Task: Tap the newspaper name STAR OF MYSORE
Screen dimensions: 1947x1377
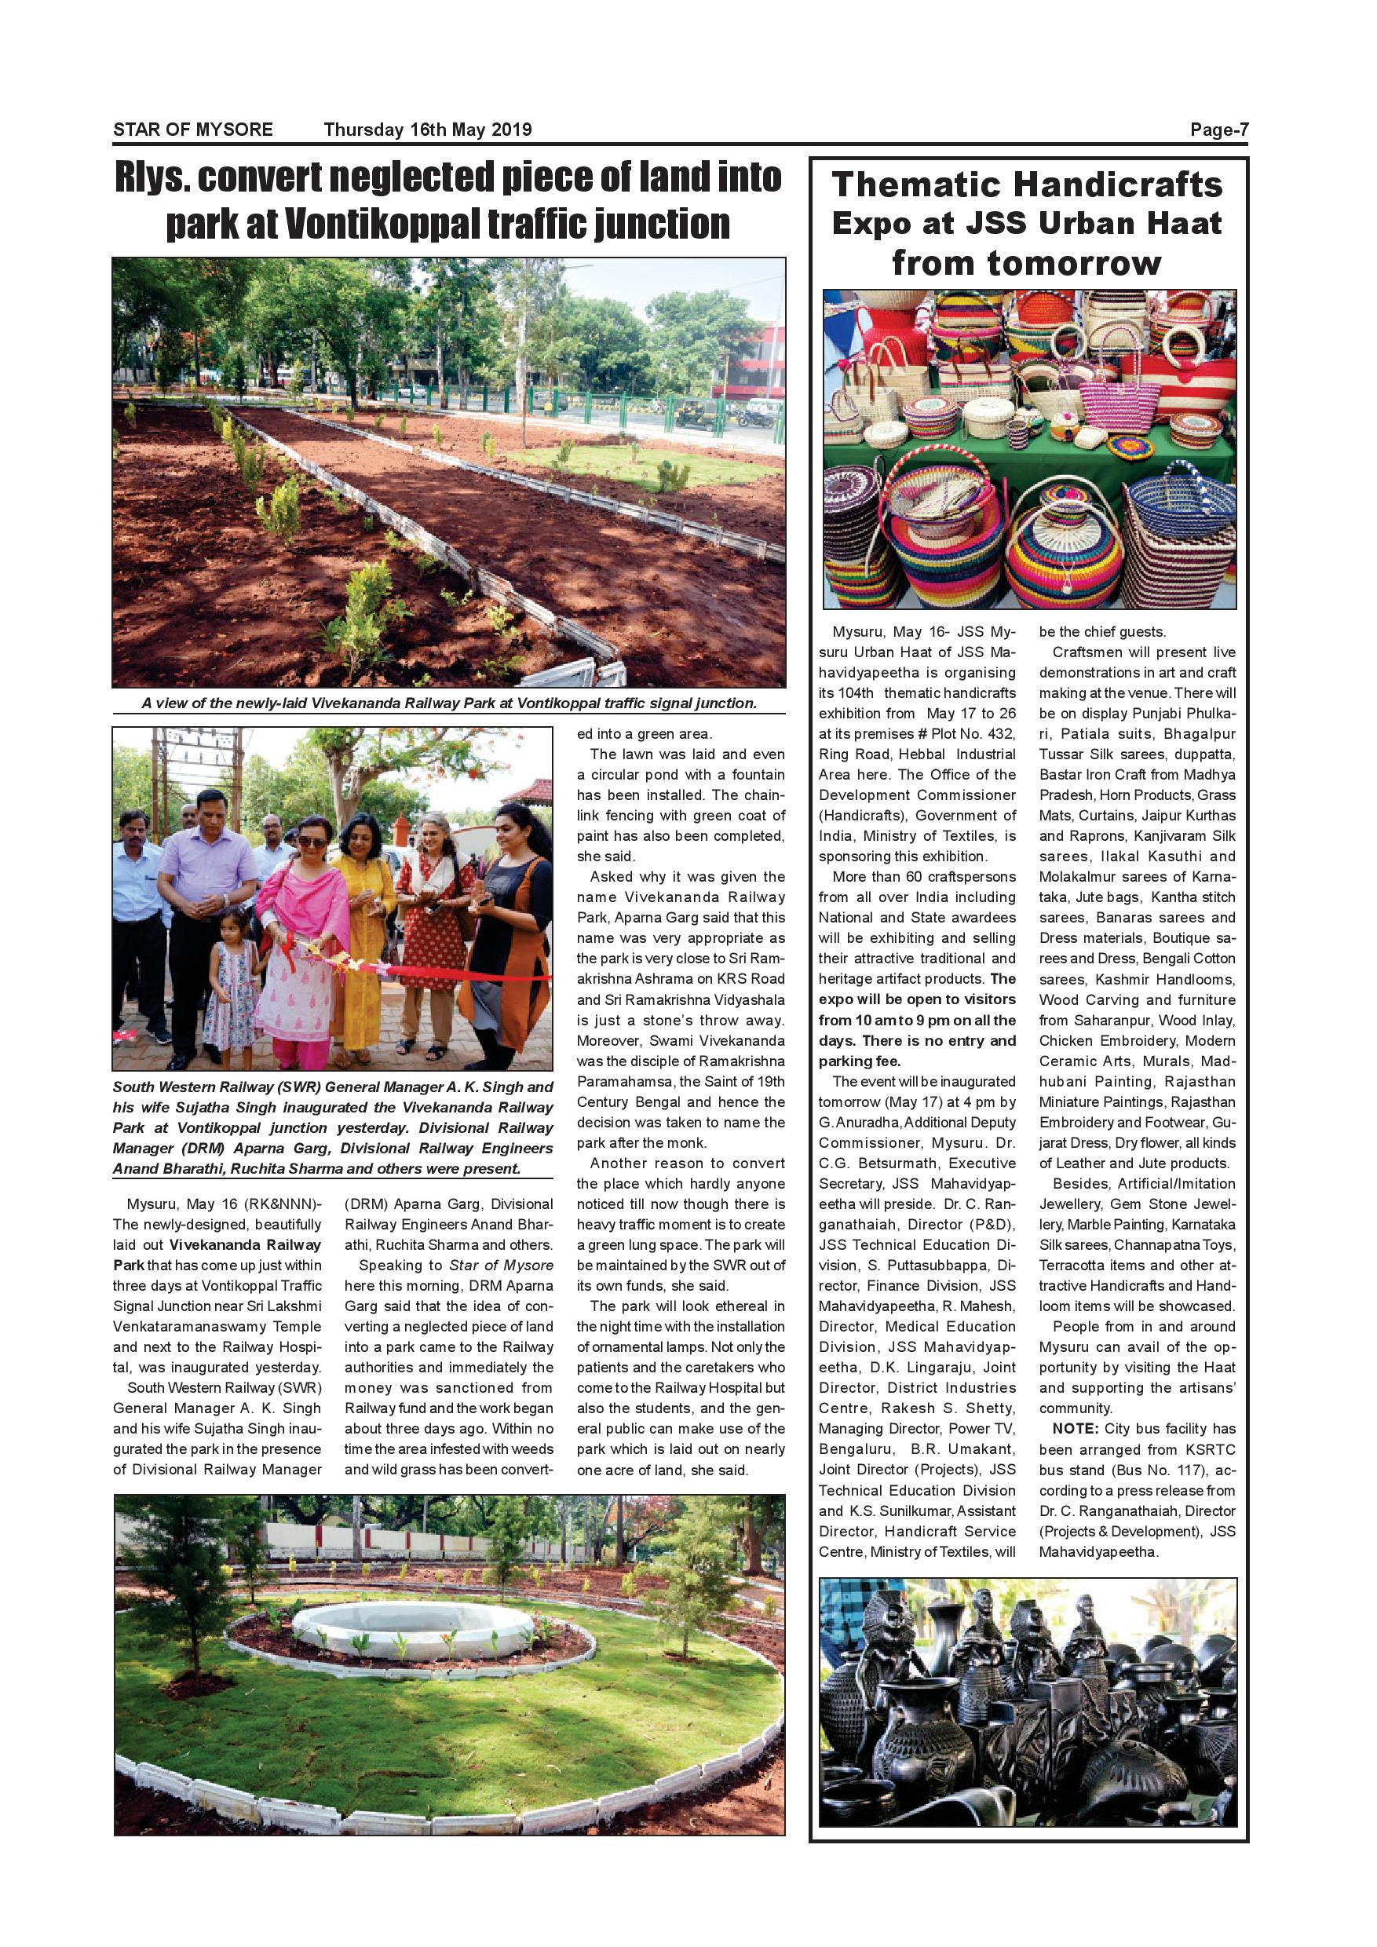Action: pos(193,130)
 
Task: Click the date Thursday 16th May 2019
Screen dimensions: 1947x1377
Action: pos(427,130)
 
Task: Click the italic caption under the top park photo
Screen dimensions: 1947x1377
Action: pos(448,703)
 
